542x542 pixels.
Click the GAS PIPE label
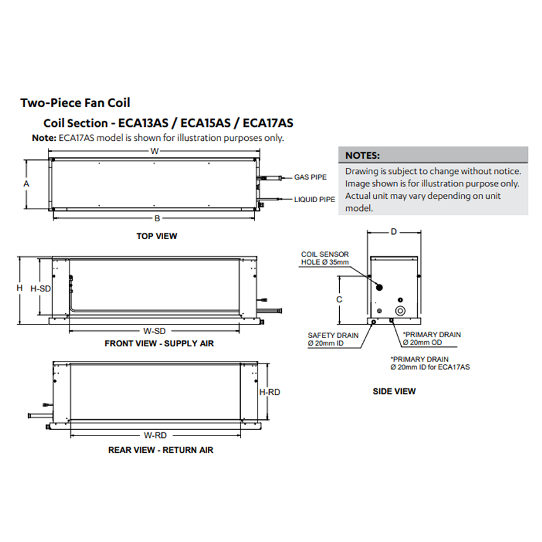(x=311, y=177)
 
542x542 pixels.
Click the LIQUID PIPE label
(x=314, y=200)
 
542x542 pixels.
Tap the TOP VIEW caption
(x=157, y=236)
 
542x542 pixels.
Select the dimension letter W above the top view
(x=154, y=151)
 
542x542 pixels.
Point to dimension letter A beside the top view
(x=26, y=184)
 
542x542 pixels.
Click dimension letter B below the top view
(x=157, y=218)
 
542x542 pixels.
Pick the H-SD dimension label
(x=40, y=288)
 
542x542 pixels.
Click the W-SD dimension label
(x=154, y=331)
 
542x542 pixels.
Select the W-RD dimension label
(x=155, y=436)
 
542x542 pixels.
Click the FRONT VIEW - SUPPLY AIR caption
(x=159, y=344)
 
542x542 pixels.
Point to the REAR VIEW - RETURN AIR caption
(x=161, y=450)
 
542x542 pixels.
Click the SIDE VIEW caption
(x=394, y=391)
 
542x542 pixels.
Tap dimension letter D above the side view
(x=393, y=232)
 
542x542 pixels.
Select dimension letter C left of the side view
(x=339, y=299)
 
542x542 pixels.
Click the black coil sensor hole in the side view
(x=379, y=286)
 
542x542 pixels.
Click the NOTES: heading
(x=362, y=156)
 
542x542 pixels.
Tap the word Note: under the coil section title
(x=44, y=138)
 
